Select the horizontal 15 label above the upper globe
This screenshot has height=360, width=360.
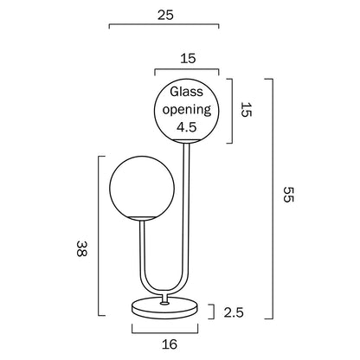click(x=186, y=58)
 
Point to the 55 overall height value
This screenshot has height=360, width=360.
click(x=289, y=198)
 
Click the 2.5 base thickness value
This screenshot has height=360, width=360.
click(x=234, y=312)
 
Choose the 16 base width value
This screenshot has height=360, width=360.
click(x=170, y=344)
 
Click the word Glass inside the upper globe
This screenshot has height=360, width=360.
click(x=186, y=91)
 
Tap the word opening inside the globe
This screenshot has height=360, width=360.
click(x=186, y=109)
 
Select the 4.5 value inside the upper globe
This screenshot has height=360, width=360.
click(x=186, y=127)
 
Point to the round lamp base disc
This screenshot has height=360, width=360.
click(x=170, y=310)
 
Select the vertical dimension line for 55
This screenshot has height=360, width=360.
click(x=272, y=198)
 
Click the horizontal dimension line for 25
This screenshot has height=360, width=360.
click(x=164, y=28)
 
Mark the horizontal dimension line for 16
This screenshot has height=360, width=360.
click(x=170, y=331)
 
